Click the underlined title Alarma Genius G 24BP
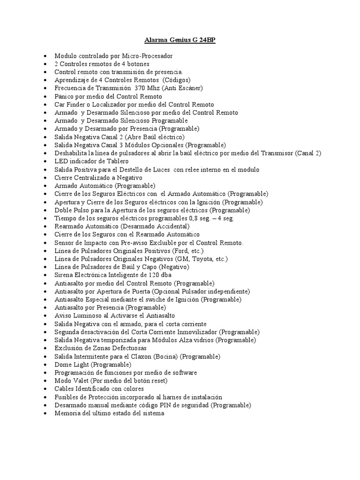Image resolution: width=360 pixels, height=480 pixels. (x=180, y=40)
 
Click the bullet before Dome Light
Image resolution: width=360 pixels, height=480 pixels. (x=44, y=365)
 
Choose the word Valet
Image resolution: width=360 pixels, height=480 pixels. (x=80, y=381)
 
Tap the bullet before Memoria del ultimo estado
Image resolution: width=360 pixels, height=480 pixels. (x=44, y=413)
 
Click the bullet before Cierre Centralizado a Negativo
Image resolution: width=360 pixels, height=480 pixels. (x=44, y=178)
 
